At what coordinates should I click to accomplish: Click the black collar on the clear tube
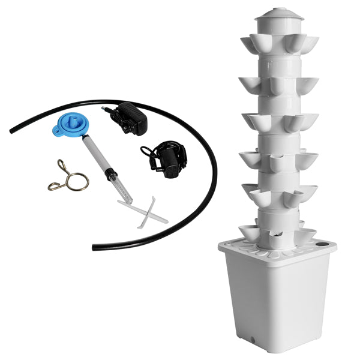point(111,175)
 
